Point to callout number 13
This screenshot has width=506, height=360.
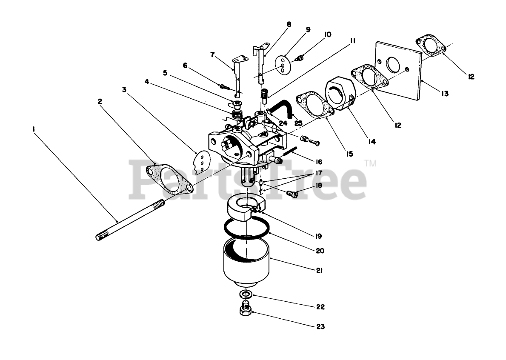point(444,94)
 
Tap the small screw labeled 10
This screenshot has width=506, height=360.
point(301,57)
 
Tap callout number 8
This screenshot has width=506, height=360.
point(289,25)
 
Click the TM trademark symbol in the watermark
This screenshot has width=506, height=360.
point(371,163)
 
